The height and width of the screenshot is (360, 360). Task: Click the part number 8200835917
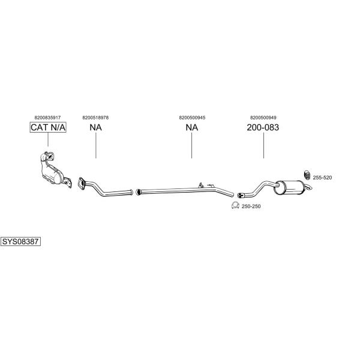47,118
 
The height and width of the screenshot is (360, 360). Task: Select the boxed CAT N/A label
48,127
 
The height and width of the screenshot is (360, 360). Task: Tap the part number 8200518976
95,118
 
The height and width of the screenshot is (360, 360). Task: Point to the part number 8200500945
192,118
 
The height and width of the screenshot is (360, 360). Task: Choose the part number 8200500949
263,118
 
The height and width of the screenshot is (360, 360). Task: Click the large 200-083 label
263,127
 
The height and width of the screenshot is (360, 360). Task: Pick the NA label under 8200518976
95,127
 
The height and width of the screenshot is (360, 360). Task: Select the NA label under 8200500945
192,127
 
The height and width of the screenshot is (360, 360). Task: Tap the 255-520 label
322,178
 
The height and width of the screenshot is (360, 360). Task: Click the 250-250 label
251,206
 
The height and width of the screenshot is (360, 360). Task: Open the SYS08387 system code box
20,242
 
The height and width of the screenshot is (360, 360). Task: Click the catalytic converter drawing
55,169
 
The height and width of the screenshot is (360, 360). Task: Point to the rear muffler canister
290,188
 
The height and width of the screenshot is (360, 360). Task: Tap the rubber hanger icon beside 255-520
307,175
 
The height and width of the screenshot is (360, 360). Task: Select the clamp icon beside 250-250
235,205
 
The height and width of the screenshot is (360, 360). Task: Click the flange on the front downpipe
81,184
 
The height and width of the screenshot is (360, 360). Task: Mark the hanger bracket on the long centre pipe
200,185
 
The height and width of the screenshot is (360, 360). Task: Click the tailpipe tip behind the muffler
309,187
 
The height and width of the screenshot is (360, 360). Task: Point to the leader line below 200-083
263,146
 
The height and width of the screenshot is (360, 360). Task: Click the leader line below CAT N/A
48,140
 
